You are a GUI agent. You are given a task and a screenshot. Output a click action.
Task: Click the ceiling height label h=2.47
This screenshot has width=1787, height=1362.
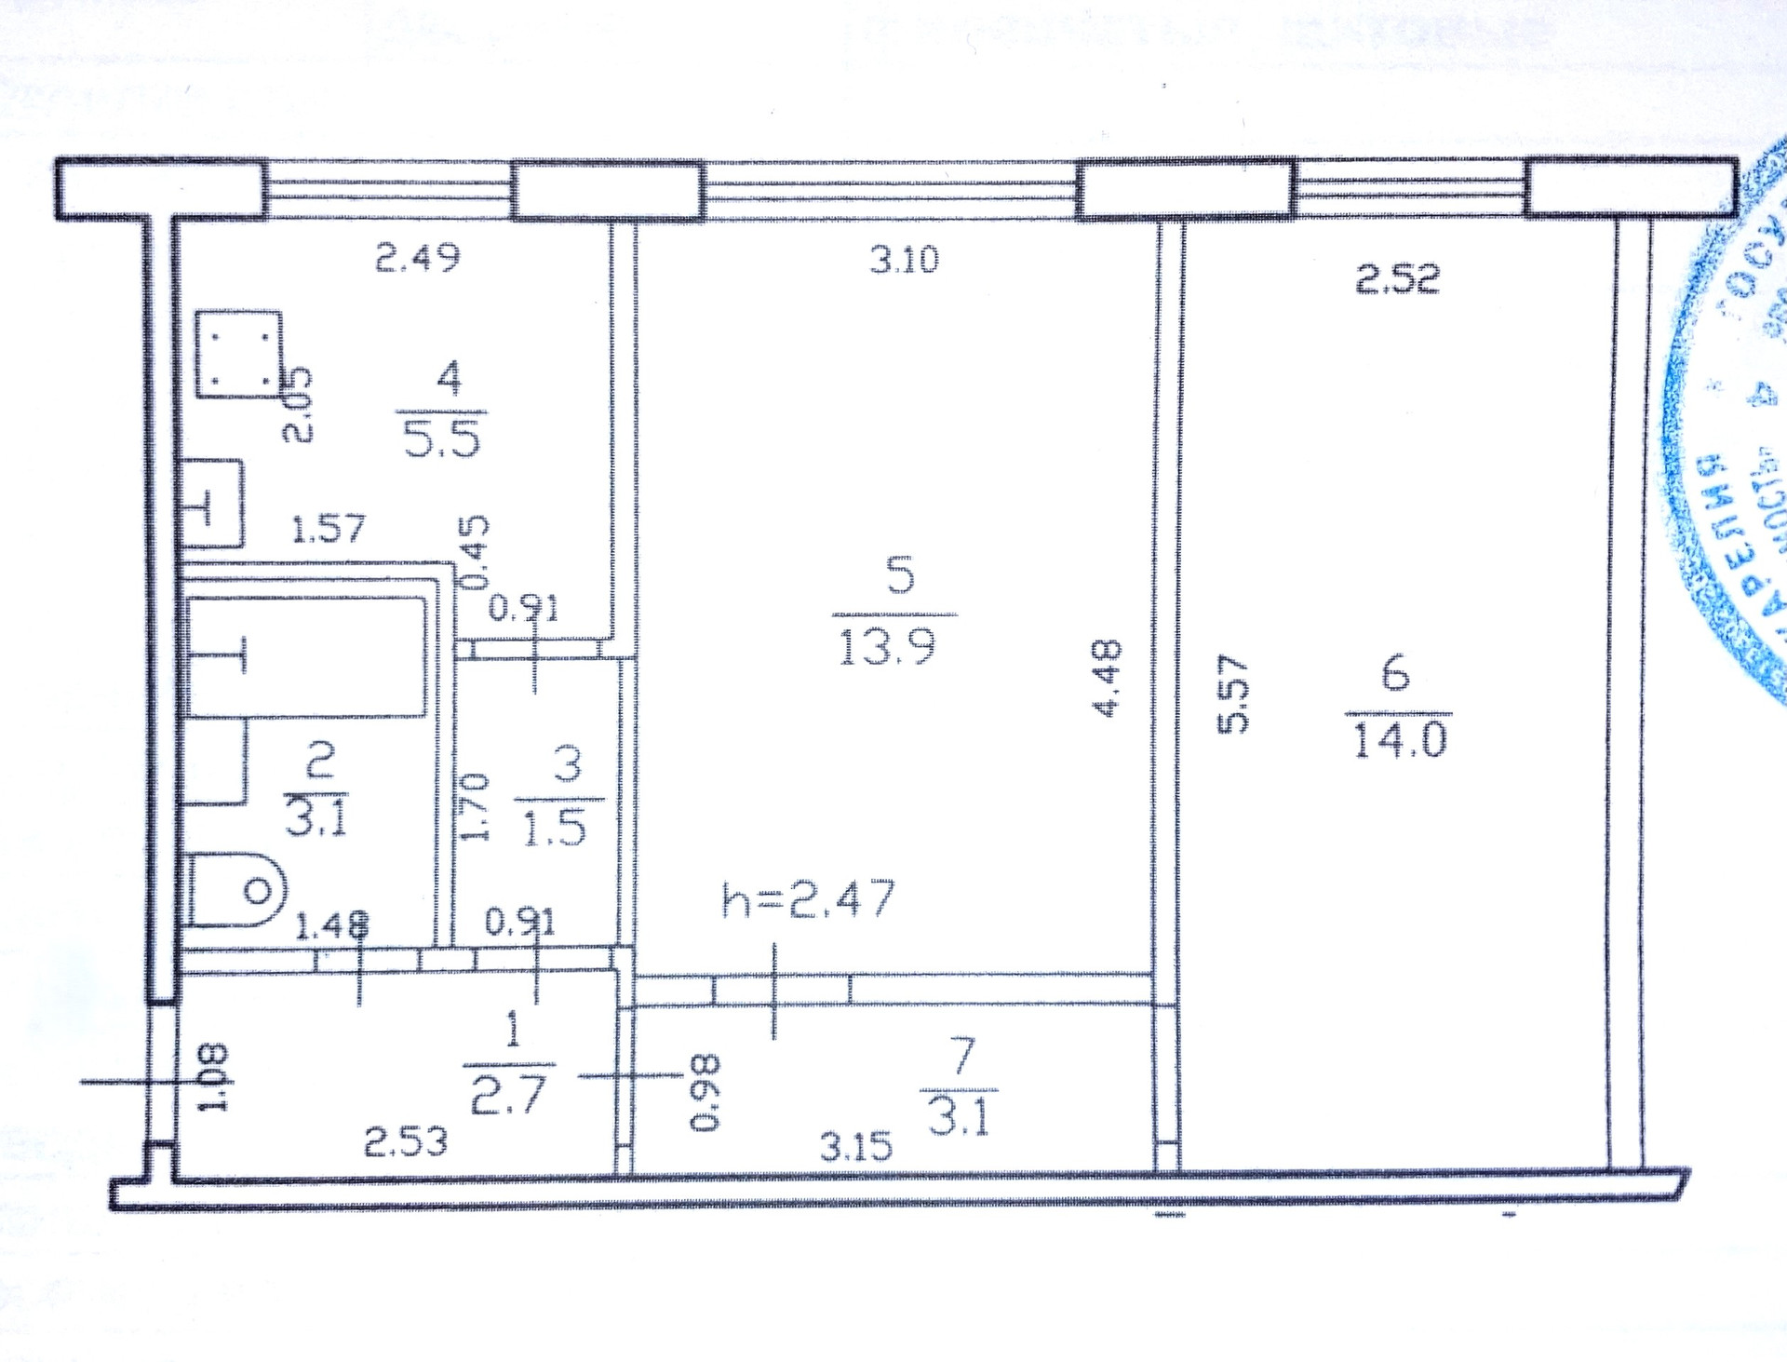pos(808,899)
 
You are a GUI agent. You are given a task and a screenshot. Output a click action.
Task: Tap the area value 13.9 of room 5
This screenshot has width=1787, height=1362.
pos(887,647)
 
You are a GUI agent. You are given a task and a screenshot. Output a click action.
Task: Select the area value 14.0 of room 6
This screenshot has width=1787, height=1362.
pos(1400,741)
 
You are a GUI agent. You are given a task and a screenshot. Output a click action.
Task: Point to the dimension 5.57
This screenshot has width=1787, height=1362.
pos(1231,694)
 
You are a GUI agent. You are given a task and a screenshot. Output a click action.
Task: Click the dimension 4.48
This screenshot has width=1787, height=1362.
pos(1107,677)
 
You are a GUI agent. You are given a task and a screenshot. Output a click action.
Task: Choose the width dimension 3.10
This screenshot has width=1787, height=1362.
pos(905,259)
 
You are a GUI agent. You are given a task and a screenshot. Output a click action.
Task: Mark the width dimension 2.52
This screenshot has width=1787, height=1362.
pos(1397,278)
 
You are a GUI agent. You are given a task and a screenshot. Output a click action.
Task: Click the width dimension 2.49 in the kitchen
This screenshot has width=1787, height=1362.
pos(417,257)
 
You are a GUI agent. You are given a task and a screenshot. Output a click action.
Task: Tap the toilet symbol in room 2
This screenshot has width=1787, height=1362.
pos(237,891)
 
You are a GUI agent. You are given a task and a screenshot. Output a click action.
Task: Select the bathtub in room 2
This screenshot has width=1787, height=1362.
pos(307,657)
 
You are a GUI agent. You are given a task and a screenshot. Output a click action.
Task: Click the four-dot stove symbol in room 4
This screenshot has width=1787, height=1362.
pos(239,355)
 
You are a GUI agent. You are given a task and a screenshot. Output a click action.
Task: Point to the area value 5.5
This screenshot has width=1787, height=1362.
pos(442,438)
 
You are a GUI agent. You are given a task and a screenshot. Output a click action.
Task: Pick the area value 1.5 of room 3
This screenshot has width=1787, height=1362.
pos(555,828)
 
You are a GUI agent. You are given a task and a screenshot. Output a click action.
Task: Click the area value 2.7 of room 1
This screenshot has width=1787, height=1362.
pos(507,1095)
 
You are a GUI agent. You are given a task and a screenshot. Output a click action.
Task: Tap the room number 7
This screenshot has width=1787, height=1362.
pos(963,1057)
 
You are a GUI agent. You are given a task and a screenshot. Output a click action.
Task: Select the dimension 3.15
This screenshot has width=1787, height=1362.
pos(855,1146)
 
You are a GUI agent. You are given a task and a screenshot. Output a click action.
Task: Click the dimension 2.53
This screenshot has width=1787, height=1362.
pos(405,1141)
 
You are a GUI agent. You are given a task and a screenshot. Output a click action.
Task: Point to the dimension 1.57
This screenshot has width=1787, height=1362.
pos(329,530)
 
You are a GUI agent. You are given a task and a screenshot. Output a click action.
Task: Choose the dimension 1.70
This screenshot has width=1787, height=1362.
pos(475,806)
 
